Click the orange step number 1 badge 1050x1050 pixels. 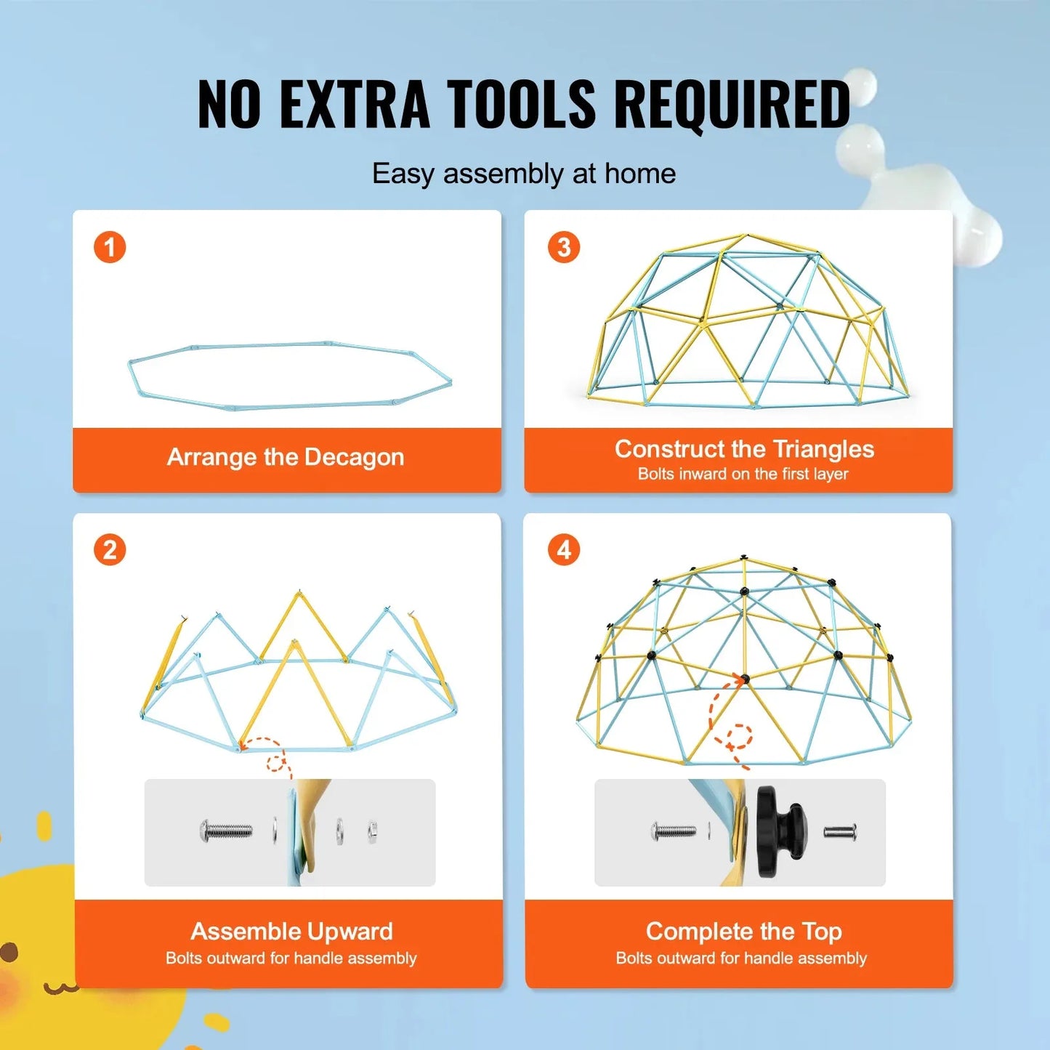tap(110, 247)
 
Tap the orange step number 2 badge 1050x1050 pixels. tap(110, 550)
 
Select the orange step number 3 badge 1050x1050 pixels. tap(564, 247)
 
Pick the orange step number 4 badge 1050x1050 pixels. tap(564, 550)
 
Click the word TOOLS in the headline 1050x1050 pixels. tap(521, 104)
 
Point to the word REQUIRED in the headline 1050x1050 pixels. tap(732, 104)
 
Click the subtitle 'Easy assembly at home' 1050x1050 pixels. tap(524, 174)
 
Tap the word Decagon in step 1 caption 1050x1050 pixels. tap(354, 457)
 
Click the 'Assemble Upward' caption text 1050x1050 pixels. tap(291, 931)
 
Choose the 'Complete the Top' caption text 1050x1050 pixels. tap(743, 931)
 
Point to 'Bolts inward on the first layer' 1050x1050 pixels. tap(743, 474)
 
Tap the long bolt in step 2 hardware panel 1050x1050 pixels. tap(226, 830)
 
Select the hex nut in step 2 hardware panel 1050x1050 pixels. tap(371, 831)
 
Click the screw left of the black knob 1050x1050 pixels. tap(674, 831)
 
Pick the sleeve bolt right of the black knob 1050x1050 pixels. tap(840, 831)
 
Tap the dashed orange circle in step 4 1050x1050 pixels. tap(739, 736)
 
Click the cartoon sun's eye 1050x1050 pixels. tap(9, 952)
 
